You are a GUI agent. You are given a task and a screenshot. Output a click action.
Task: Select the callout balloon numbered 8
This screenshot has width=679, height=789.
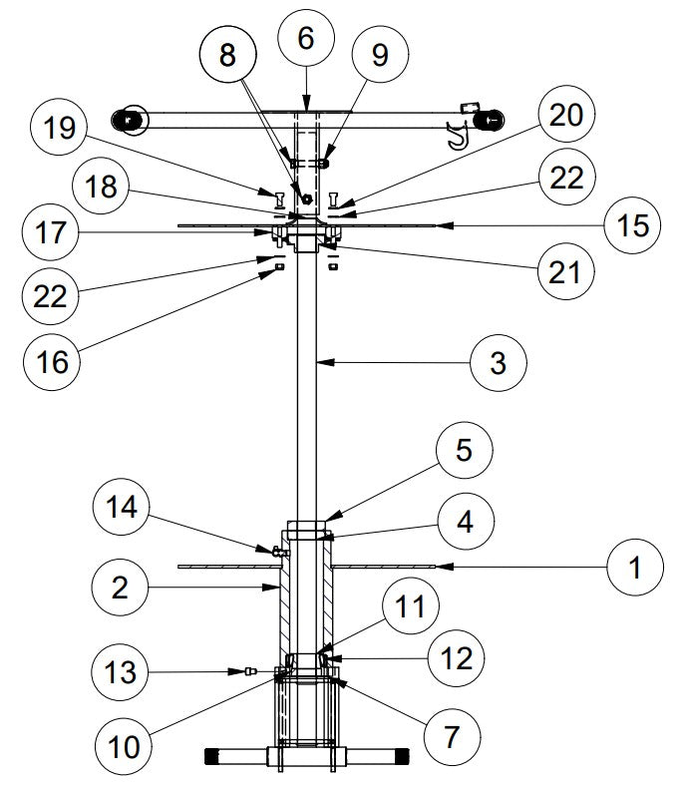coord(228,56)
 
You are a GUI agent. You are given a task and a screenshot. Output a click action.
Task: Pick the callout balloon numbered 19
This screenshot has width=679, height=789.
coord(58,130)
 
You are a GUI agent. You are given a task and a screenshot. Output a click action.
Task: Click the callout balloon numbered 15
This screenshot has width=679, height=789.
coord(630,225)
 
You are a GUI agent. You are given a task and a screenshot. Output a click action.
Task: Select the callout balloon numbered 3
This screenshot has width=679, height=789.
coord(498,364)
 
